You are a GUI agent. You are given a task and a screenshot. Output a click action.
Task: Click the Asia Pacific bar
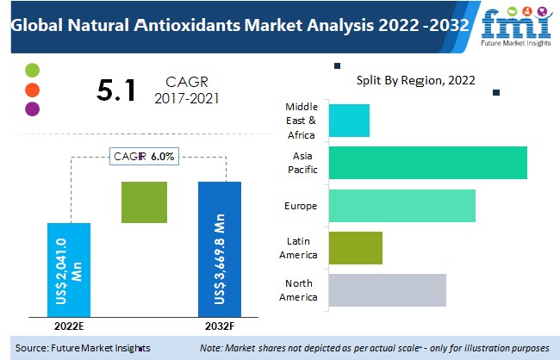(427, 163)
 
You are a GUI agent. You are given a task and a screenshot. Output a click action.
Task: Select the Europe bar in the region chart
(401, 206)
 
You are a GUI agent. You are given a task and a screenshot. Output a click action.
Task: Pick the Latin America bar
(355, 248)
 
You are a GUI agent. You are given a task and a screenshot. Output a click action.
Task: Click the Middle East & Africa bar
(349, 121)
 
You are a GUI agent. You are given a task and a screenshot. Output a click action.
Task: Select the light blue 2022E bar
(68, 269)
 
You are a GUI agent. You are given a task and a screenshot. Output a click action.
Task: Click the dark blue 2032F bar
(220, 249)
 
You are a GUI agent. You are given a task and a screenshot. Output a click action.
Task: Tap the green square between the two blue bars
(144, 202)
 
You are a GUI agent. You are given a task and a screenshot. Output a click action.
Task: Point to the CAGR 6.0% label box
(144, 157)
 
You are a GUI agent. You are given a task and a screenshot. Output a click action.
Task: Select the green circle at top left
(33, 70)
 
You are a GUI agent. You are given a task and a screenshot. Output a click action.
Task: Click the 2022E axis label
(68, 326)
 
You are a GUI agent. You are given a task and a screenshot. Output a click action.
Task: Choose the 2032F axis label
(220, 326)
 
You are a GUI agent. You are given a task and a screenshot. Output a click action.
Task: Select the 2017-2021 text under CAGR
(187, 98)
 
